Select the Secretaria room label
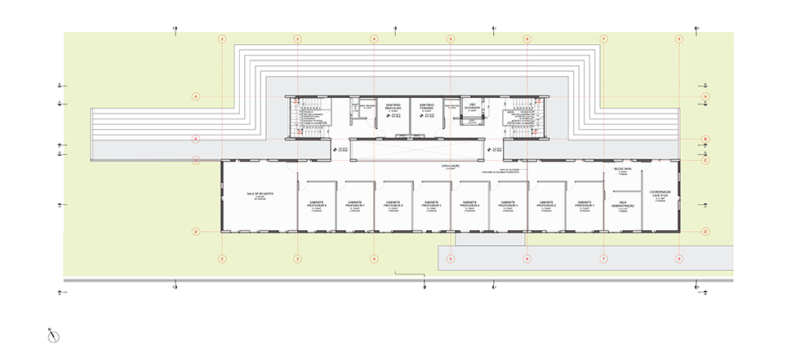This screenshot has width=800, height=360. (x=623, y=169)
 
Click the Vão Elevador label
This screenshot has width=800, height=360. (x=471, y=105)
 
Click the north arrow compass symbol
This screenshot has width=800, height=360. (x=51, y=334)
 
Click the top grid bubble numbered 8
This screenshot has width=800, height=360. (x=679, y=38)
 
